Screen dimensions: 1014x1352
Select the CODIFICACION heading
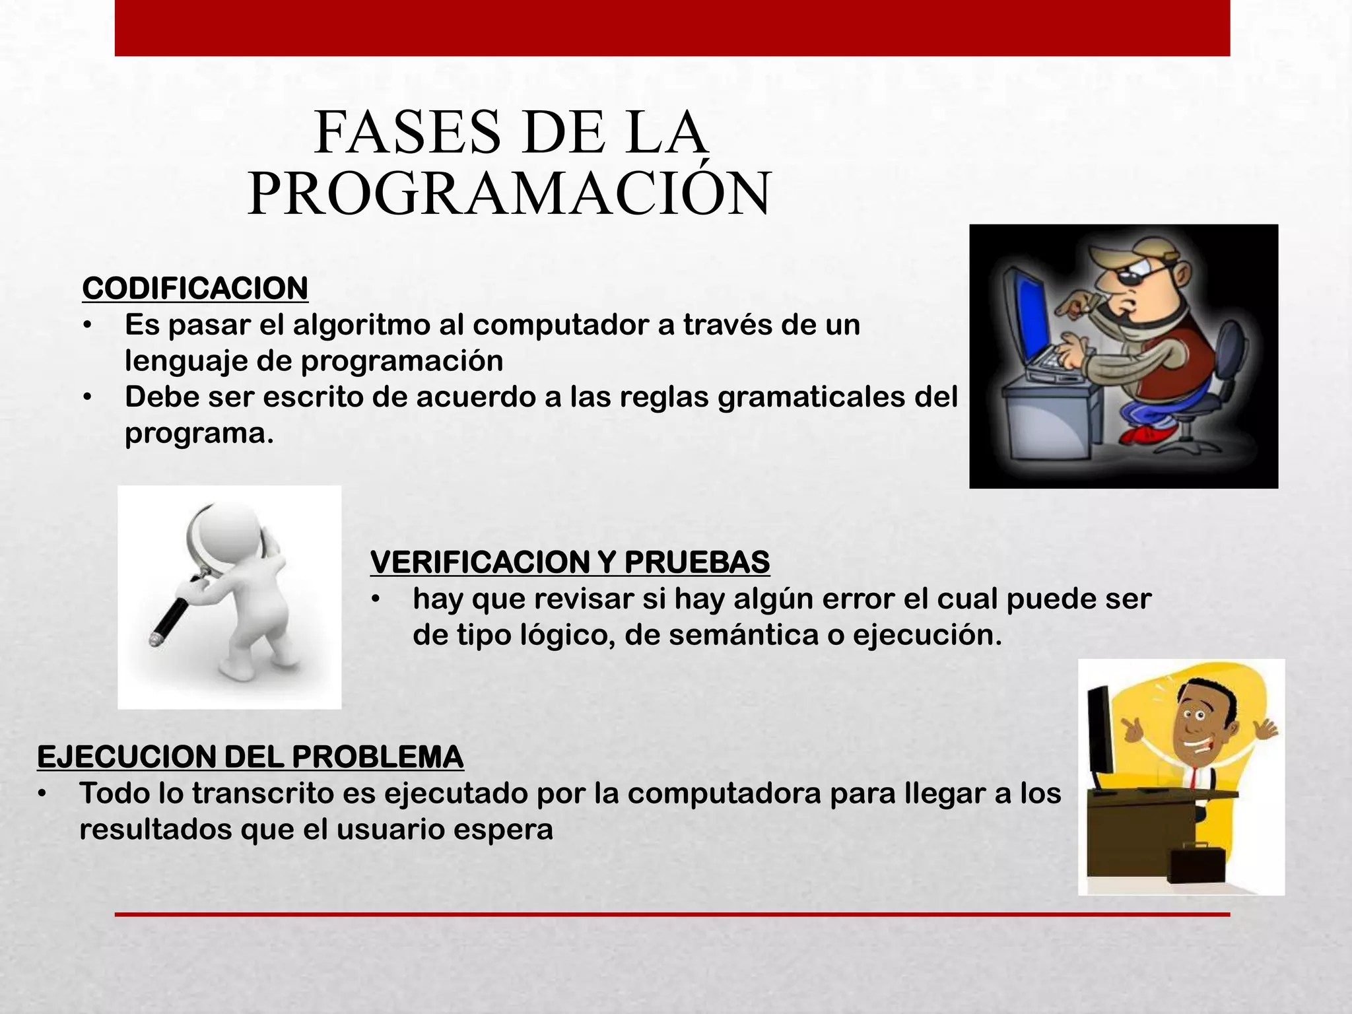195,289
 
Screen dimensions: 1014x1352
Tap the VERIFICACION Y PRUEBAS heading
570,562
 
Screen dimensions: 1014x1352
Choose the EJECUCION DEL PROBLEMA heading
250,757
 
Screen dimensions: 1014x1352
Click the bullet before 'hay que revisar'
376,599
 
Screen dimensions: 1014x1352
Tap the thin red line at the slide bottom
672,914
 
